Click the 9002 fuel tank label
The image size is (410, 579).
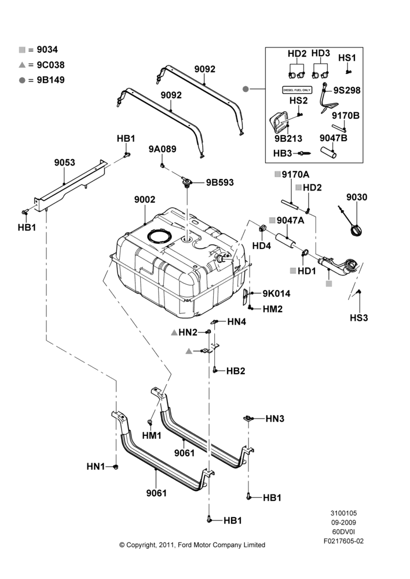click(144, 200)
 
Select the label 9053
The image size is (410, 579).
click(65, 163)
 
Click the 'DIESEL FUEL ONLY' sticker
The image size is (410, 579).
click(297, 90)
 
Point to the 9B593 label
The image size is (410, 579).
click(220, 182)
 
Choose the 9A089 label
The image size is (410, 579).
click(163, 149)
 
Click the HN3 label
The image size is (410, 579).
click(275, 419)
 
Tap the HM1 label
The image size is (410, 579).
click(152, 436)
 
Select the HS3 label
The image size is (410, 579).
click(358, 317)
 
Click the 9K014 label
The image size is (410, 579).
click(276, 294)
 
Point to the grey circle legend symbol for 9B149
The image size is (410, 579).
click(22, 80)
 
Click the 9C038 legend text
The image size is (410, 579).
click(50, 65)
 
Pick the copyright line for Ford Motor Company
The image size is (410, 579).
click(192, 545)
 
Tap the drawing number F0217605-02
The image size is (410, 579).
click(343, 541)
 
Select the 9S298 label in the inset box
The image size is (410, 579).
click(347, 90)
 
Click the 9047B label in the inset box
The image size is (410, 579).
click(334, 138)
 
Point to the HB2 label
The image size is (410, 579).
click(236, 371)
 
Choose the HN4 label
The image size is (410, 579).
click(236, 321)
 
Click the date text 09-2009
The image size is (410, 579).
click(343, 522)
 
